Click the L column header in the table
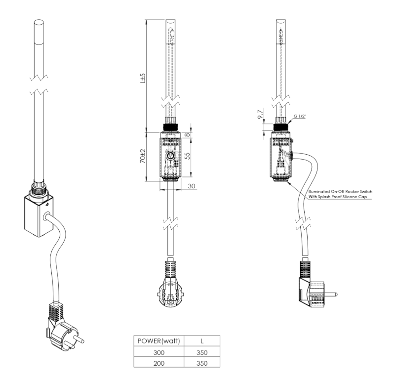click(x=200, y=341)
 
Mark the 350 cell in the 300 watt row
click(x=200, y=352)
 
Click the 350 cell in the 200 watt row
click(x=200, y=363)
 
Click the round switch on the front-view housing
click(x=169, y=156)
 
